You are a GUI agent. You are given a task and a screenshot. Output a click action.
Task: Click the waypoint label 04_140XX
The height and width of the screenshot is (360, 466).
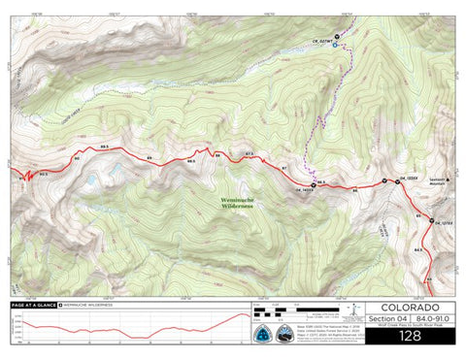tap(301, 190)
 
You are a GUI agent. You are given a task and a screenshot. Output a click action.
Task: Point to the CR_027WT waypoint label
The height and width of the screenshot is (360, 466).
tap(322, 41)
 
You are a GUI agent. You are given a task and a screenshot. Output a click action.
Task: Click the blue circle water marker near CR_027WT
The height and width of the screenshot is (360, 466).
tap(335, 45)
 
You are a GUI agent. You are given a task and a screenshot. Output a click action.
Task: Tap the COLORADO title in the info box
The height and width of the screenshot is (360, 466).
tap(409, 308)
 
